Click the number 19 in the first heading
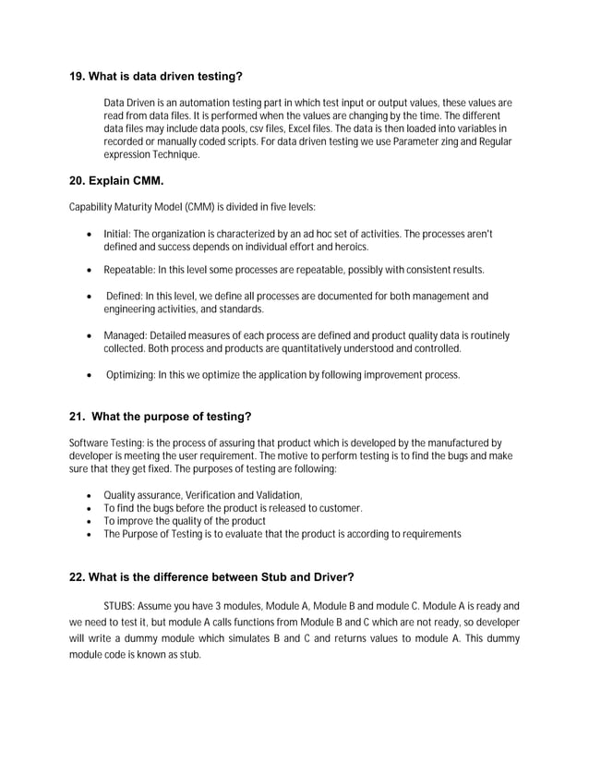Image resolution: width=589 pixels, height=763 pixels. [78, 76]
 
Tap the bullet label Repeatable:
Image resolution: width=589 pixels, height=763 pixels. [128, 270]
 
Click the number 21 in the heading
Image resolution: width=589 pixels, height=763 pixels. [78, 416]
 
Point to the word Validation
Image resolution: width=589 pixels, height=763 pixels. [277, 495]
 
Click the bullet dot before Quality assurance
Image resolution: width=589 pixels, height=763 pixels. [87, 496]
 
